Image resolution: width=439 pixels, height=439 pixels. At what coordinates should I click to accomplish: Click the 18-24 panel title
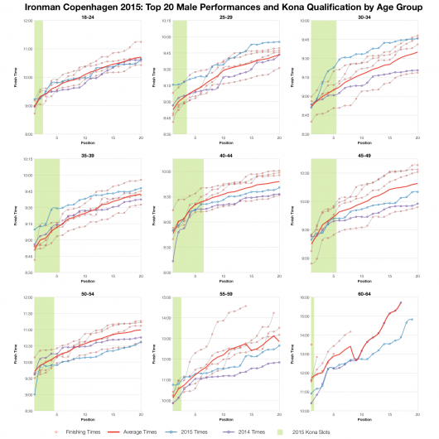[x=87, y=17]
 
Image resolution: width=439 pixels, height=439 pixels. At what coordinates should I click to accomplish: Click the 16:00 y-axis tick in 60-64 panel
[x=303, y=297]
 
